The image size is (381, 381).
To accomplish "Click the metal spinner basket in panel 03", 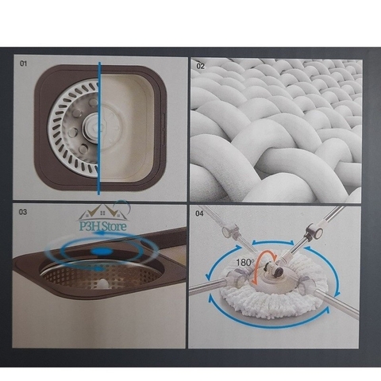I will pos(87,279).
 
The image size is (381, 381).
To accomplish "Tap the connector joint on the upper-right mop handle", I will pos(316,233).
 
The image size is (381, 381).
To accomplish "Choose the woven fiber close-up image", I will pos(275,131).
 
